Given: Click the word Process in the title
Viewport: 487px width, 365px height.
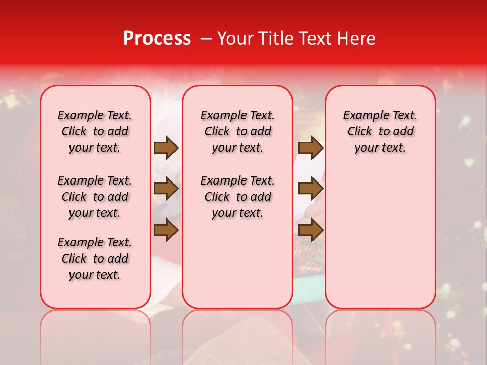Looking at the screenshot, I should [x=157, y=39].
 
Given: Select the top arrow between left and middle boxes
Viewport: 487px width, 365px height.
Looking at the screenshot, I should [x=166, y=148].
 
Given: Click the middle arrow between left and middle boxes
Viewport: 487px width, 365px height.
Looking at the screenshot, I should [x=166, y=189].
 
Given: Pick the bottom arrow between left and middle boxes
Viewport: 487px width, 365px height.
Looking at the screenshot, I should [x=166, y=230].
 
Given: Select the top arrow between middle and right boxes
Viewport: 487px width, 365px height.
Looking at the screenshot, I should [x=310, y=148].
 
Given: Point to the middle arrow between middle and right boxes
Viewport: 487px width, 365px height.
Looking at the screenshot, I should [x=310, y=189].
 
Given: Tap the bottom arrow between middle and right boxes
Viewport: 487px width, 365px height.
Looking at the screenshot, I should [x=310, y=230].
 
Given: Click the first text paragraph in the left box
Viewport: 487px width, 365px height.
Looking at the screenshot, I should [x=95, y=131].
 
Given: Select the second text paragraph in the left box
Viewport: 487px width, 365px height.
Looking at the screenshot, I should [x=95, y=197].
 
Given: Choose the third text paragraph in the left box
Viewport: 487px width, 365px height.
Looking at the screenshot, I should [x=95, y=259].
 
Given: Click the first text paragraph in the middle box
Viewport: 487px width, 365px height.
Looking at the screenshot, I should [x=237, y=131].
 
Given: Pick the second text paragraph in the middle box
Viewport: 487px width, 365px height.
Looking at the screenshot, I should [x=237, y=197].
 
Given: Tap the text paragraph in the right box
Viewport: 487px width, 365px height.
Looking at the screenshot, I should [x=380, y=131].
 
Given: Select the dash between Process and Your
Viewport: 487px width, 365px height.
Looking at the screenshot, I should [x=205, y=39].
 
